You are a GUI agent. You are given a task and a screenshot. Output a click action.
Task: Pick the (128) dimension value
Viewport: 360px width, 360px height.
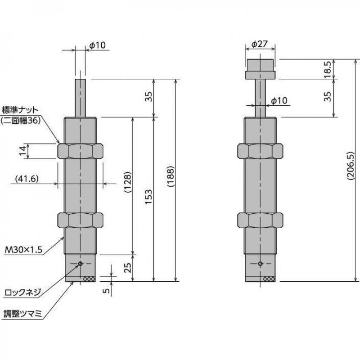(128, 182)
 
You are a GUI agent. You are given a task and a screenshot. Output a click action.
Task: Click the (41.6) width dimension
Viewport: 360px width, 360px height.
(27, 178)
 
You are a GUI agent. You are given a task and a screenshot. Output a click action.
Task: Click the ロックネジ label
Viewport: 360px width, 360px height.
(22, 292)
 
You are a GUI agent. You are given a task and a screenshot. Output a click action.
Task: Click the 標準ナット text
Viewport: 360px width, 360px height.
(21, 109)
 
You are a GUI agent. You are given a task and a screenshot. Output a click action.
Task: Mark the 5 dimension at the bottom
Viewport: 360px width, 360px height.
(106, 291)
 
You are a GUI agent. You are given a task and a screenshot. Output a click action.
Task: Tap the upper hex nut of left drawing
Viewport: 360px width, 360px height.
(81, 151)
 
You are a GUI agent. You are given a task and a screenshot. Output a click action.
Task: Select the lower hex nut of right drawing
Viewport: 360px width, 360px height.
(261, 220)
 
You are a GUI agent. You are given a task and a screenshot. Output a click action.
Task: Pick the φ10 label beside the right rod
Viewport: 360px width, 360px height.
(279, 100)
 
